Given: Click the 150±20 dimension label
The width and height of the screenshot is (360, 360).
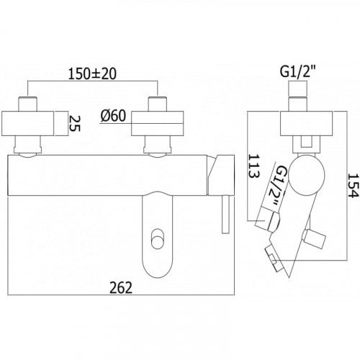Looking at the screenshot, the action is (92, 73).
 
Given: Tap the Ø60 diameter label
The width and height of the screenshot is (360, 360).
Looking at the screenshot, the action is (114, 116).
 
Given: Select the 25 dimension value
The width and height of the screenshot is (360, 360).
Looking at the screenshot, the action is (74, 123).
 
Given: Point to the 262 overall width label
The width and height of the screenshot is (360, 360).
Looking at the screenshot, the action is (121, 288).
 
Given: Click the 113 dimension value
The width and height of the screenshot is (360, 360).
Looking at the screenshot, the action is (254, 166).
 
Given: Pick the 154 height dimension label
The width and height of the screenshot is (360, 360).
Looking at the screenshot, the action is (354, 186).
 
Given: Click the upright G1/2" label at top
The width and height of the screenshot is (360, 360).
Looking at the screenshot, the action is (298, 72).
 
